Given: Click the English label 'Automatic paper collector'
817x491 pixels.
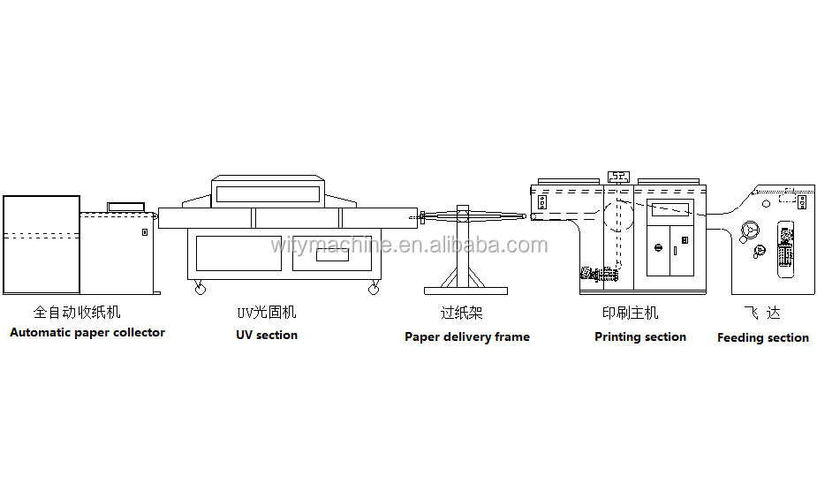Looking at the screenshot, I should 87,333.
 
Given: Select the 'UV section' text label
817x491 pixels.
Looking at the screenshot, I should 267,335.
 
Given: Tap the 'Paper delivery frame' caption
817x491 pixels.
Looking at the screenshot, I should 467,336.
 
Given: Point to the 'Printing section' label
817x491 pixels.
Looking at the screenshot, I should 640,336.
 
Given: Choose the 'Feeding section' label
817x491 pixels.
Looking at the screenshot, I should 763,337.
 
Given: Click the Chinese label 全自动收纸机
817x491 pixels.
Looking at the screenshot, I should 77,312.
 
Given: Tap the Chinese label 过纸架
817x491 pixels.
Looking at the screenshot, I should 462,313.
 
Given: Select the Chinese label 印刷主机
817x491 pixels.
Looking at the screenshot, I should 631,313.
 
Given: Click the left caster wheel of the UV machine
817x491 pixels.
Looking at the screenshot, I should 200,288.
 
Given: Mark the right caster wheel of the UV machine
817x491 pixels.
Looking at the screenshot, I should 374,288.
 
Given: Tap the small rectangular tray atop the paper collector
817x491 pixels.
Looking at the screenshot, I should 125,207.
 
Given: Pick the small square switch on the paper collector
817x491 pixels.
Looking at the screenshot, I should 144,232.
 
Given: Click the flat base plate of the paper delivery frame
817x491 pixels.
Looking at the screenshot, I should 465,290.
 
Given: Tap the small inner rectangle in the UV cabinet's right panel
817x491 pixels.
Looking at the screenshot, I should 336,258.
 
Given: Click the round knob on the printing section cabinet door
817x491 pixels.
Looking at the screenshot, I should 656,247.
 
